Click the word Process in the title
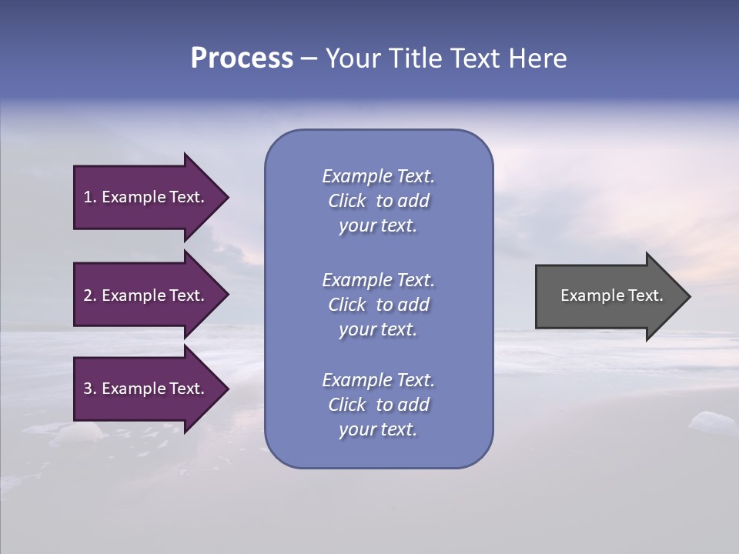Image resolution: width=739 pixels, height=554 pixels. click(x=242, y=58)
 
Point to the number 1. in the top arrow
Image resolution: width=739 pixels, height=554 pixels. click(x=90, y=197)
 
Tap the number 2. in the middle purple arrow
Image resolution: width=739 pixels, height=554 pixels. click(x=90, y=295)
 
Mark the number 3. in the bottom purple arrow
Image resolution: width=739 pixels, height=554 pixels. click(x=90, y=389)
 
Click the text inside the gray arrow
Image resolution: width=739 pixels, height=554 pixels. click(x=611, y=295)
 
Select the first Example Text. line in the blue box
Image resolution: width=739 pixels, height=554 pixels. click(x=378, y=176)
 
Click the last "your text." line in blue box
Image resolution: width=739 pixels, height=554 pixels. click(x=378, y=429)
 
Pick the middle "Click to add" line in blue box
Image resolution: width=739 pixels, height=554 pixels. click(x=378, y=305)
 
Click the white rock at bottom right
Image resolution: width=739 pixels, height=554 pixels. click(x=712, y=422)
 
